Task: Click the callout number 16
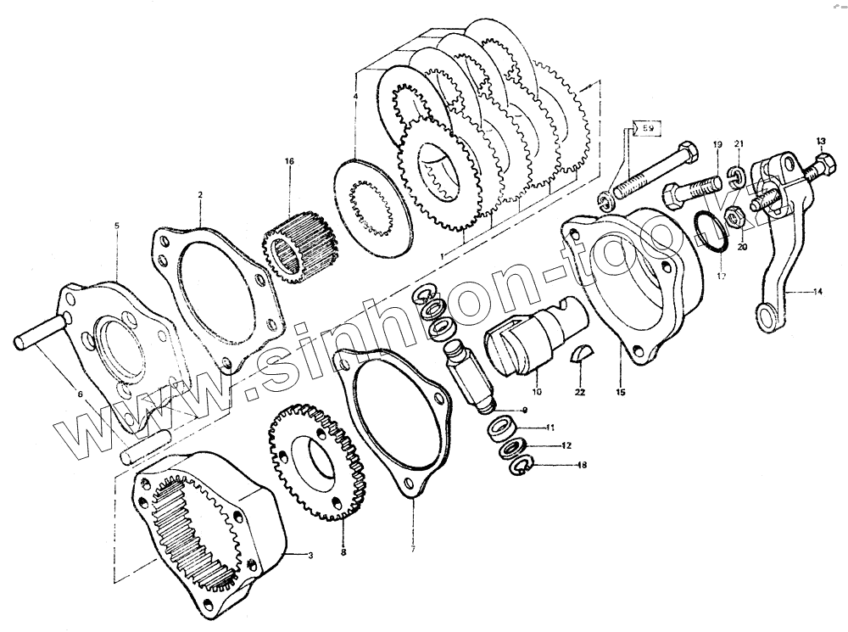pos(288,161)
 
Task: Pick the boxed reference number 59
pos(647,128)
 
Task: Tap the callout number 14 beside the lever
pos(817,292)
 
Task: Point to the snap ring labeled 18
pos(519,465)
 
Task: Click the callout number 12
pos(566,445)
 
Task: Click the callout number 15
pos(621,393)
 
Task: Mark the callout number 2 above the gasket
pos(200,194)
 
